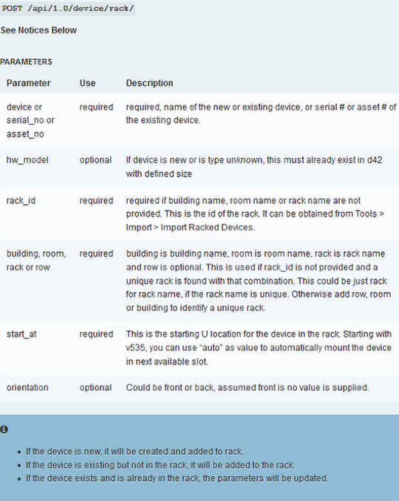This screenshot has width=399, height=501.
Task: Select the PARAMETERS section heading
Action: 26,62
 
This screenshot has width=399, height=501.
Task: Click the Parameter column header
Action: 29,83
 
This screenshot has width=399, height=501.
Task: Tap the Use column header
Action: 88,83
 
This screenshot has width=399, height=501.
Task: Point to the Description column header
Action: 149,83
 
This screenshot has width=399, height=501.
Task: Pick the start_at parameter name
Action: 23,333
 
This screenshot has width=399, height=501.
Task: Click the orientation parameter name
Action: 27,387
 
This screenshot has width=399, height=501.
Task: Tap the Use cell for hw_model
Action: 96,160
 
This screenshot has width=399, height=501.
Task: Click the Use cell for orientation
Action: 96,387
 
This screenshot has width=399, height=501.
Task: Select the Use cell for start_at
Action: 97,333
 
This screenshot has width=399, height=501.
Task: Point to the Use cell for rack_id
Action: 97,200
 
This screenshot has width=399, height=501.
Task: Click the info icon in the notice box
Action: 4,429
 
